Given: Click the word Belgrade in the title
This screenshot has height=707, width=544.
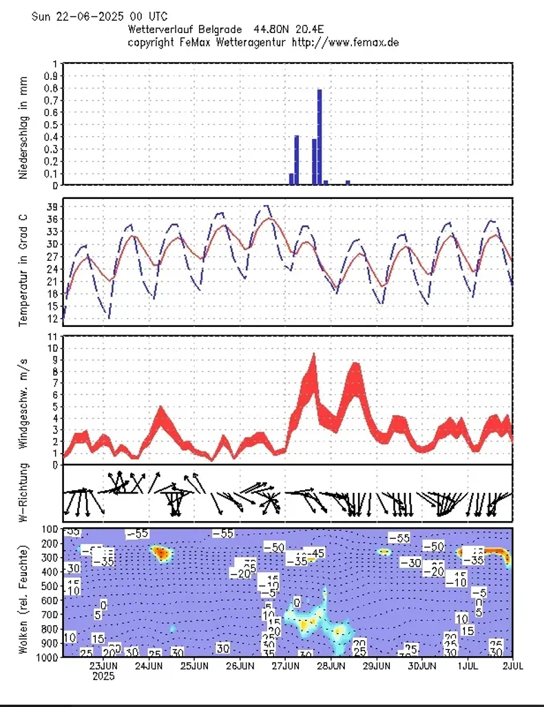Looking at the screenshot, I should [220, 30].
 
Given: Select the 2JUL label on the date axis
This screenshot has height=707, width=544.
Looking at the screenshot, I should [512, 666].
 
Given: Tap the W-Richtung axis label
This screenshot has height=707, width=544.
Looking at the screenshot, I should [23, 493].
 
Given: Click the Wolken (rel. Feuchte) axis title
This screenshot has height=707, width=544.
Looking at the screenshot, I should [23, 599].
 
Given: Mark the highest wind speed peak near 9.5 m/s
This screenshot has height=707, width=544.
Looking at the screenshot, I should [314, 355].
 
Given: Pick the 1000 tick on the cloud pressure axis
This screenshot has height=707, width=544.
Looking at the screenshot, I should [48, 657].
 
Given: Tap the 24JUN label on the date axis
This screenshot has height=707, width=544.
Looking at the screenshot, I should [149, 666].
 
